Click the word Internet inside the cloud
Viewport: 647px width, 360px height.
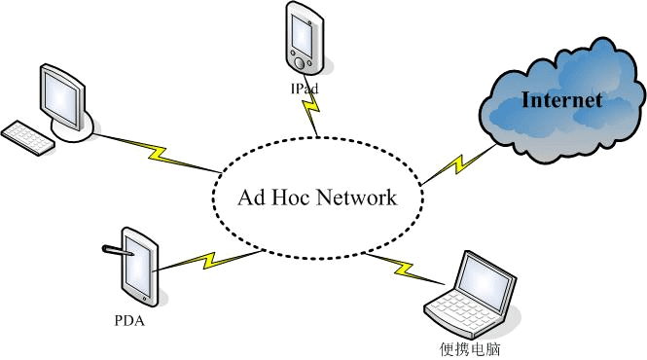click(561, 100)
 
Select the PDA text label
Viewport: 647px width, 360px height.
click(128, 319)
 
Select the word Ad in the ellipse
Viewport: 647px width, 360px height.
click(249, 198)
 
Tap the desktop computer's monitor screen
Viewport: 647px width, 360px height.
click(60, 95)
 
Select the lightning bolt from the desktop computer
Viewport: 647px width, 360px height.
click(156, 152)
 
